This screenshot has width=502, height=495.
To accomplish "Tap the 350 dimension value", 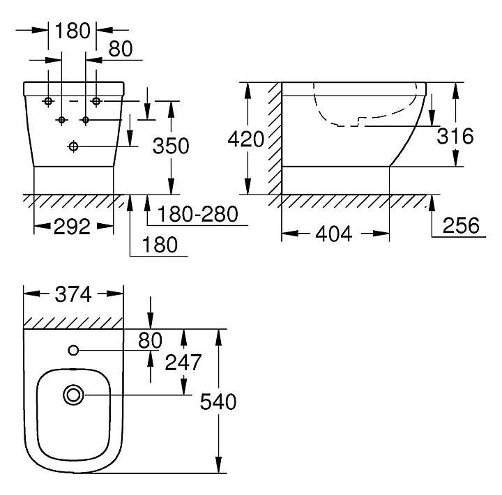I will pyautogui.click(x=172, y=146).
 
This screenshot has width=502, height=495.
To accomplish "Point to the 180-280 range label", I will pyautogui.click(x=197, y=213).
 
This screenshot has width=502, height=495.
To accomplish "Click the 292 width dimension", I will pyautogui.click(x=73, y=227).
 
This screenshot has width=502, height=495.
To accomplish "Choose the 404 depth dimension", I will pyautogui.click(x=334, y=234).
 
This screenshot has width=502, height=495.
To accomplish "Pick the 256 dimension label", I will pyautogui.click(x=461, y=225).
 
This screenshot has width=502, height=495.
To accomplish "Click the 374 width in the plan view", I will pyautogui.click(x=73, y=294).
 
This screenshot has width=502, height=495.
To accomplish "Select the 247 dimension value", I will pyautogui.click(x=183, y=362).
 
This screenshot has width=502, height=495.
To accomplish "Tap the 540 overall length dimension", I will pyautogui.click(x=218, y=402).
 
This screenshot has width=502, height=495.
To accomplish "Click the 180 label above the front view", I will pyautogui.click(x=73, y=30).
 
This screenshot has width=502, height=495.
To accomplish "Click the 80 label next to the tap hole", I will pyautogui.click(x=150, y=340).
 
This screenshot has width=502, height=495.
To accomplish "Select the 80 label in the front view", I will pyautogui.click(x=121, y=48).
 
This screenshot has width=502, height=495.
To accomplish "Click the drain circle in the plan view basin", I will pyautogui.click(x=73, y=395).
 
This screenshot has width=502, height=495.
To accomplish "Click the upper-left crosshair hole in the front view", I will pyautogui.click(x=48, y=102).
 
